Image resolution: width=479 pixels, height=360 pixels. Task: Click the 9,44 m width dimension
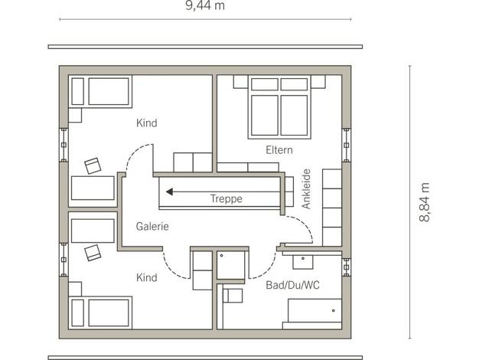pos(205,5)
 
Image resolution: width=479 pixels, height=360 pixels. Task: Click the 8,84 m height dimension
pos(425,202)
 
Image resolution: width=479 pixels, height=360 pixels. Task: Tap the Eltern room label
pos(279,150)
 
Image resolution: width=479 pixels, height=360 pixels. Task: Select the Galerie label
pos(152,226)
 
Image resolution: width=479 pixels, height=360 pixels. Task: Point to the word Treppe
pos(226,199)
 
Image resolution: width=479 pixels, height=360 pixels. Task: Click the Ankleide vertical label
pos(306,189)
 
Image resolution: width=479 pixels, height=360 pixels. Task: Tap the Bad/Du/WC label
pos(292,285)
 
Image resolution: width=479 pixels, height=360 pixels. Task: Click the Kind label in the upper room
pos(147,123)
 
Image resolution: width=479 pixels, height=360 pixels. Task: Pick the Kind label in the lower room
pos(147,277)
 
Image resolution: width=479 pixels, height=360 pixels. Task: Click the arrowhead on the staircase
pos(169,191)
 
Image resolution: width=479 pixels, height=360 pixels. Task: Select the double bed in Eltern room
pos(279,106)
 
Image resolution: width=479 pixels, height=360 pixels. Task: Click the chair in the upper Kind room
pos(93,165)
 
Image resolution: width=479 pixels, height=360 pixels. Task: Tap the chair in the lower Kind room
pos(93,253)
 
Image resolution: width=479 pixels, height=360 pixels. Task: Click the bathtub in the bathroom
pos(314,310)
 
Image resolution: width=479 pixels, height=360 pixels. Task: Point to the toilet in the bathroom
pos(233,296)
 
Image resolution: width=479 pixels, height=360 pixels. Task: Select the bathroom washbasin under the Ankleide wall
pos(303,262)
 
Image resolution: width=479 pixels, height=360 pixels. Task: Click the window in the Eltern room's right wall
pos(346,145)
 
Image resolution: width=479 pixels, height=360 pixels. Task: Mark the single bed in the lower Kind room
pos(100,313)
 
